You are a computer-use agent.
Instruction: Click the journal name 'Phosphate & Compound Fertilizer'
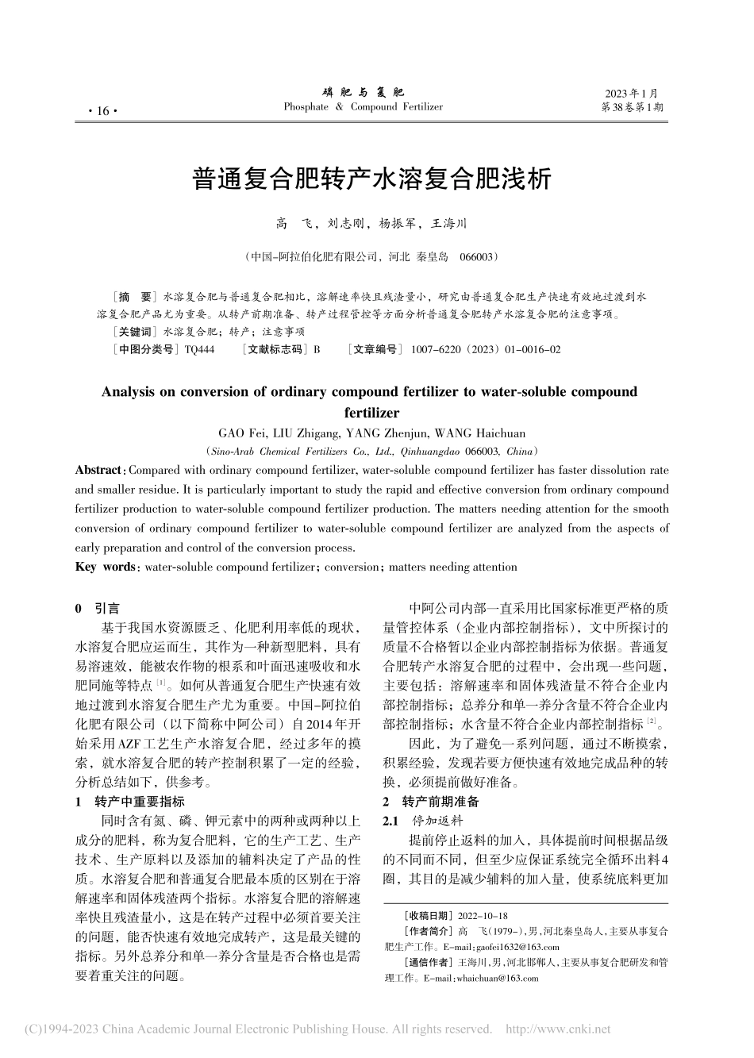pyautogui.click(x=363, y=107)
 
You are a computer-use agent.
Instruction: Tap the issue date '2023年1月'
pyautogui.click(x=632, y=93)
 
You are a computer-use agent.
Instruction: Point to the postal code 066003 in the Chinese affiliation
pyautogui.click(x=479, y=257)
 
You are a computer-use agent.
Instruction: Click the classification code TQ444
pyautogui.click(x=199, y=349)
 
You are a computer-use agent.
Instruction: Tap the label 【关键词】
pyautogui.click(x=135, y=332)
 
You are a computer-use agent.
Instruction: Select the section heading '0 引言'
pyautogui.click(x=97, y=609)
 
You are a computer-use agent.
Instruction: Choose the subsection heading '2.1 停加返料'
pyautogui.click(x=422, y=821)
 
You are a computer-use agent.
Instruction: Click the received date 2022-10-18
pyautogui.click(x=479, y=916)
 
